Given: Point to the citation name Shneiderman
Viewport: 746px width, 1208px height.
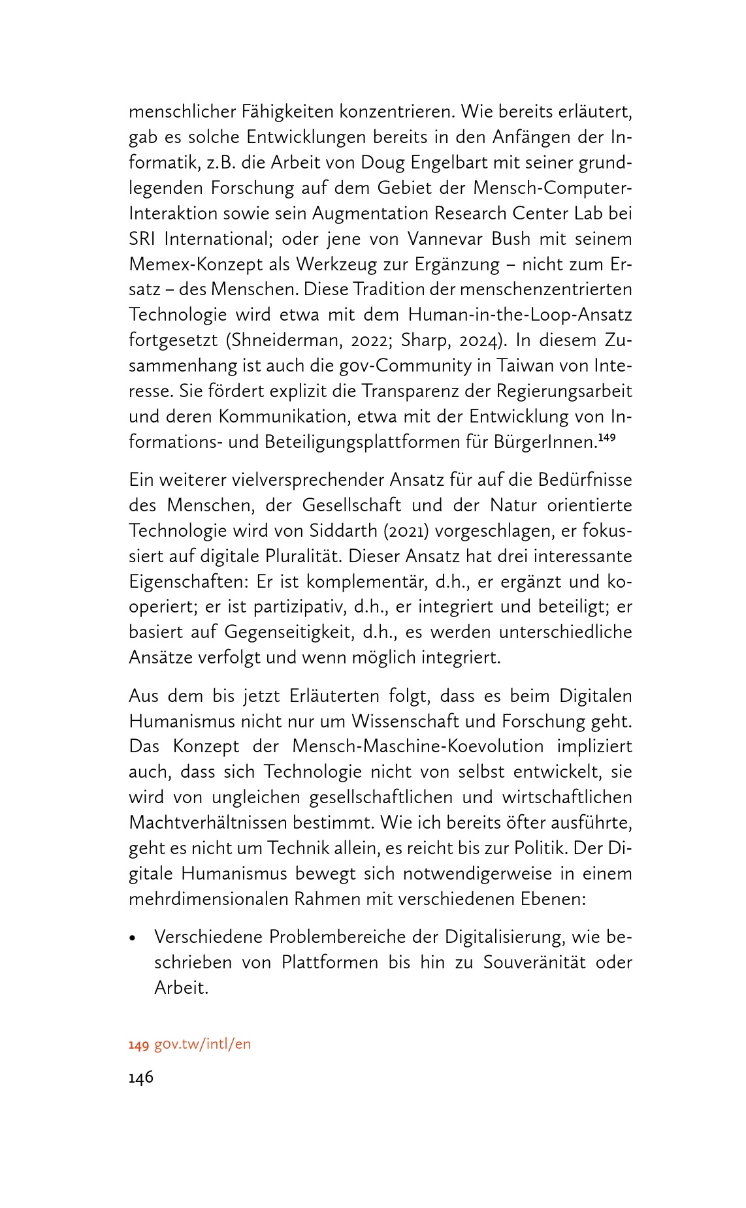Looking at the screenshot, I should pos(284,341).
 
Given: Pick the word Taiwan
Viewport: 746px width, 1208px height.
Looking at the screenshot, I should pos(513,366).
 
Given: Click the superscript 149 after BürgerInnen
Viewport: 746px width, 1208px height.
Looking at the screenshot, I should pos(607,438).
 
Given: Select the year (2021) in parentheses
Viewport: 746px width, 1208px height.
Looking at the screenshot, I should pos(403,531).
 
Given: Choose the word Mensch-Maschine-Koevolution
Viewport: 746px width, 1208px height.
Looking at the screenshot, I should pos(417,746).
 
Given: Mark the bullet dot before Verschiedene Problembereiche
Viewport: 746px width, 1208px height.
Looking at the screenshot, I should pos(133,938).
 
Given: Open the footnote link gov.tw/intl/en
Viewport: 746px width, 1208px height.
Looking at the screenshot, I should pos(203,1044).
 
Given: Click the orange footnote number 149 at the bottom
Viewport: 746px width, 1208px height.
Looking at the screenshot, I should pos(138,1045).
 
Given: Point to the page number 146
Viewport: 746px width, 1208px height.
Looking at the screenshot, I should pos(141,1077).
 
